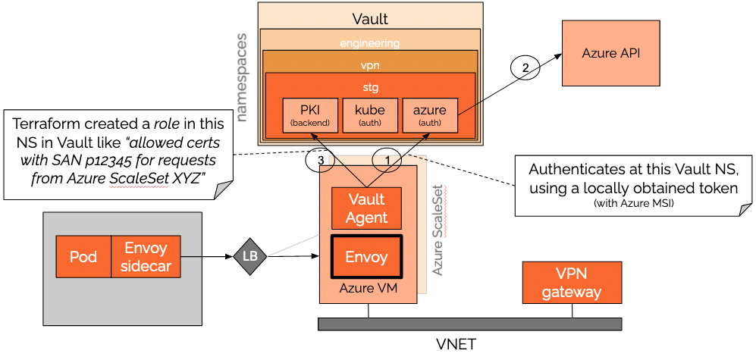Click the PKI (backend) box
point(309,115)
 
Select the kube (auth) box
point(369,115)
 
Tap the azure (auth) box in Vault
point(430,115)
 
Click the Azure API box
point(610,53)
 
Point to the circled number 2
point(525,67)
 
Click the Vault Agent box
point(367,208)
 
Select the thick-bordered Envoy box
point(367,257)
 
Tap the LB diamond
point(249,256)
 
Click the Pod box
point(83,256)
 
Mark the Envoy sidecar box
point(146,256)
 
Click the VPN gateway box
point(572,283)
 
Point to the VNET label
point(456,344)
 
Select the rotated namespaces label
point(243,77)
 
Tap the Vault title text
point(370,18)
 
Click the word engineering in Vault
point(369,43)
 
